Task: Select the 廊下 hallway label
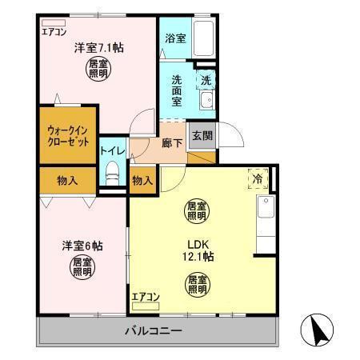tap(172, 144)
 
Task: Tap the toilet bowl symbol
tap(113, 172)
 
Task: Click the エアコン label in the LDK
tap(146, 298)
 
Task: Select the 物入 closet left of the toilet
tap(66, 180)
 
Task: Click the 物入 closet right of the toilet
tap(142, 181)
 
